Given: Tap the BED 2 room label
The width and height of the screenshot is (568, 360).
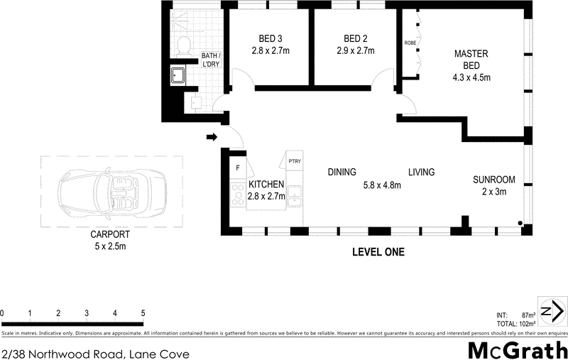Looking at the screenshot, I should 355,38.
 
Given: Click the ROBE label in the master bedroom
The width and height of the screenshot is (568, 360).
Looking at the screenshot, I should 410,43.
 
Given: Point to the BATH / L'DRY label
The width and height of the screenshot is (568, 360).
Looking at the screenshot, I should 211,59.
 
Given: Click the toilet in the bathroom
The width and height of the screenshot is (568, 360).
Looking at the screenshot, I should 183,45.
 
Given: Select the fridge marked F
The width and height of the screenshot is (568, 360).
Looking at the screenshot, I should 237,168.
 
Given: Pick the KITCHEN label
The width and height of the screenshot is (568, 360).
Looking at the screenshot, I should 266,185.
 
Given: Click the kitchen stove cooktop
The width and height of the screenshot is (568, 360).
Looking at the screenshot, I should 237,194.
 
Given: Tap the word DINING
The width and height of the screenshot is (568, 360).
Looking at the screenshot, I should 342,172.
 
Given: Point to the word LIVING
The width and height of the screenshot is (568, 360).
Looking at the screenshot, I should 421,172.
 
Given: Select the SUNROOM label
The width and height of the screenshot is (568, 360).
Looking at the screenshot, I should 494,180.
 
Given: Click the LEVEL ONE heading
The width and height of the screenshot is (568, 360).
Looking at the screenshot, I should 378,252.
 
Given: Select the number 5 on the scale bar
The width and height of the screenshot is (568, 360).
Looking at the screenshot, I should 143,313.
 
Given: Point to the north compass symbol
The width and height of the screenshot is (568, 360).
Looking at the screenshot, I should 552,311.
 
